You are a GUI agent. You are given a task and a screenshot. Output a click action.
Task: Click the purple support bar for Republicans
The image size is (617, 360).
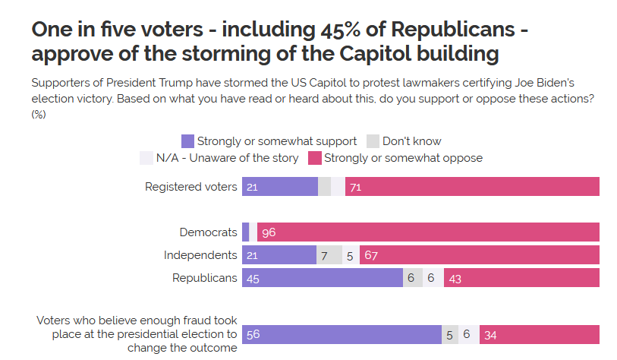(x=322, y=278)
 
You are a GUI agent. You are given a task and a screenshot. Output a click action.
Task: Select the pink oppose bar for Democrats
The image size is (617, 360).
(x=429, y=232)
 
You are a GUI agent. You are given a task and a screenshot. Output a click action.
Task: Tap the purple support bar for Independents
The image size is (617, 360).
(x=279, y=255)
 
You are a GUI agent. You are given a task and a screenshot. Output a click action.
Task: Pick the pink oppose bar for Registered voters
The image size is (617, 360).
(x=472, y=187)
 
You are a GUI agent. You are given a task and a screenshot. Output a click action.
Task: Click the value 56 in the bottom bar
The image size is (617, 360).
(x=253, y=335)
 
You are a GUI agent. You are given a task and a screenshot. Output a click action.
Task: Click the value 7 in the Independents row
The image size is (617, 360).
(x=324, y=255)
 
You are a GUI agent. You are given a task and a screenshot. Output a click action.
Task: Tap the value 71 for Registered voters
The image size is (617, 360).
(x=355, y=187)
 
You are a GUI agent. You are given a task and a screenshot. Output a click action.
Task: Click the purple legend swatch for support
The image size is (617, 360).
(x=187, y=141)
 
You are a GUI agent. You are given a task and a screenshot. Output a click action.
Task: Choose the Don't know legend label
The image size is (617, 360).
(x=411, y=141)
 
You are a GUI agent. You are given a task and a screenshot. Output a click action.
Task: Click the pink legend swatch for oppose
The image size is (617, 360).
(x=314, y=158)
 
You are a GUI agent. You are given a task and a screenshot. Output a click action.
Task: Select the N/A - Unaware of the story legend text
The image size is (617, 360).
(x=228, y=158)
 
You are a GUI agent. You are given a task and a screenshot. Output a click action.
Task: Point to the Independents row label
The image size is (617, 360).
(x=200, y=255)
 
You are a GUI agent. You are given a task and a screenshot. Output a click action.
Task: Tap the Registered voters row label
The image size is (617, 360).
(x=190, y=187)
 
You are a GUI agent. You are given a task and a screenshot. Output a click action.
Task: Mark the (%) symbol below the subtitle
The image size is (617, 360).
(x=39, y=115)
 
